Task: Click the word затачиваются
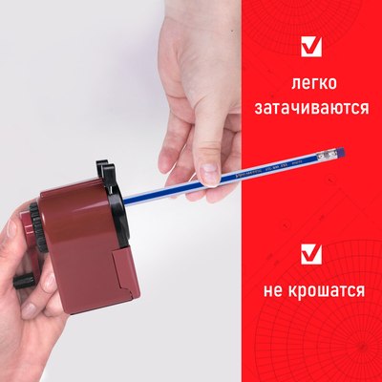pos(311,108)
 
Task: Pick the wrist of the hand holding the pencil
pos(191,29)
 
